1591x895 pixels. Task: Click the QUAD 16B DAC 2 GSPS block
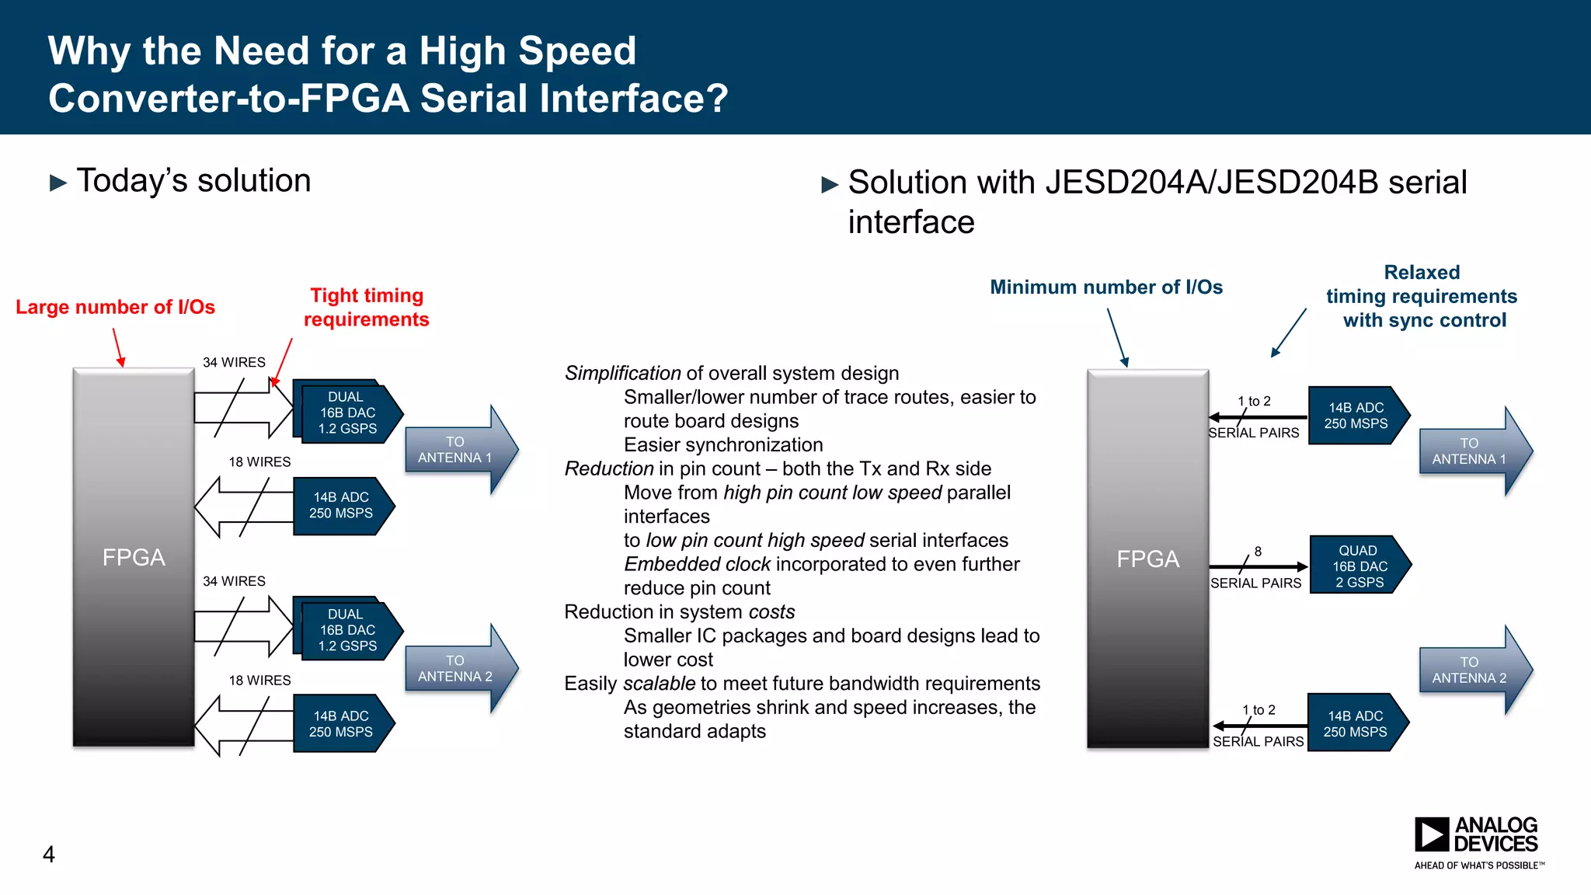click(x=1359, y=566)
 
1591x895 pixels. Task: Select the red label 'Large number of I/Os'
click(x=115, y=307)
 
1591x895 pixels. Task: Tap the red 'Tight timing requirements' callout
click(x=366, y=307)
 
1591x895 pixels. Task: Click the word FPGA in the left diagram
click(x=134, y=557)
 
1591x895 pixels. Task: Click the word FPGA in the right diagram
click(x=1147, y=559)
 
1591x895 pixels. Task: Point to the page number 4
click(x=49, y=855)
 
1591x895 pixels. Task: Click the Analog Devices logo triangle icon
click(x=1431, y=834)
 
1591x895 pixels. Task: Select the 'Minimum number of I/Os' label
click(x=1105, y=287)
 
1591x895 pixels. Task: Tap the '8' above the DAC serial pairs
click(x=1258, y=551)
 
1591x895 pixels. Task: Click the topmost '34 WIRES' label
click(x=234, y=362)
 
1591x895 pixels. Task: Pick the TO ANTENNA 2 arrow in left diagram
click(x=458, y=668)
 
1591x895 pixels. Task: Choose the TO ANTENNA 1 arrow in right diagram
click(x=1472, y=451)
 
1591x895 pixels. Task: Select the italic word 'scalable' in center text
click(x=659, y=684)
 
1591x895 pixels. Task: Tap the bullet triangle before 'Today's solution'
click(x=58, y=183)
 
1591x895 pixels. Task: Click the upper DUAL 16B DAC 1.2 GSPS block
click(x=347, y=413)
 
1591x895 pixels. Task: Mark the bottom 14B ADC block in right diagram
click(x=1356, y=723)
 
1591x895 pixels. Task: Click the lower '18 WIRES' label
click(x=259, y=681)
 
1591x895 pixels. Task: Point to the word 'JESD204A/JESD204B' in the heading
click(x=1212, y=183)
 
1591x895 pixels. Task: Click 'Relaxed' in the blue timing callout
click(x=1422, y=273)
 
